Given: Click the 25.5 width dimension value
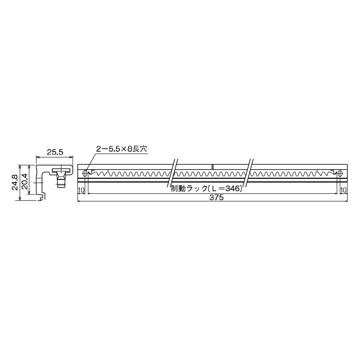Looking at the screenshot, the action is [55, 152].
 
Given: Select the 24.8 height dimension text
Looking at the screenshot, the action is [15, 182].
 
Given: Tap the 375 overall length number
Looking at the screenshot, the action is [216, 197].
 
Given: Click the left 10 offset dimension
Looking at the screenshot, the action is [81, 190].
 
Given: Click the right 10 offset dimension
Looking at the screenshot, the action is [343, 190].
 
